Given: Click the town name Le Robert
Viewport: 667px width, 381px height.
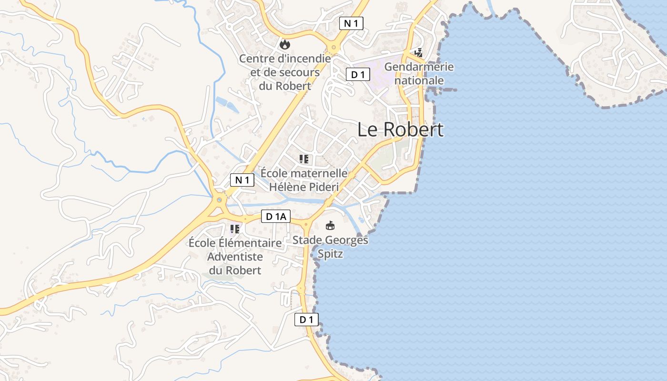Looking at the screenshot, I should coord(400,130).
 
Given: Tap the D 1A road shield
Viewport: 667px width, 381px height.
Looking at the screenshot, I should coord(276,217).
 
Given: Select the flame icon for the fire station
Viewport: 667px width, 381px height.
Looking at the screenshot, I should coord(285,44).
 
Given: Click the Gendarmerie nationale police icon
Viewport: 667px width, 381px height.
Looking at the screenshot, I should coord(419,53).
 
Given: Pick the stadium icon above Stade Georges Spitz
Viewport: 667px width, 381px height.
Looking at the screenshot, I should coord(330,225).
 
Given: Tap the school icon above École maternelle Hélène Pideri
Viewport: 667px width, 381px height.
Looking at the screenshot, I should coord(304,159).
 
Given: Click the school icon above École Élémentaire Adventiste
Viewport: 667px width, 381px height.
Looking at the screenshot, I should coord(235,229).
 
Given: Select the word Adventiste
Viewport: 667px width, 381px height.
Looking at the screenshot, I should coord(235,257).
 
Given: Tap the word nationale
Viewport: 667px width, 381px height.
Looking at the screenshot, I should coord(419,80).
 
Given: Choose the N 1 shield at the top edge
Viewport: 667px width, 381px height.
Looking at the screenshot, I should coord(351,23).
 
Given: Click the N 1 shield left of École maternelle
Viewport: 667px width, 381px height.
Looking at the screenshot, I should coord(243,180).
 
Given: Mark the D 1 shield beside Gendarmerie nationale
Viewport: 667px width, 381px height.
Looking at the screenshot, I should coord(358,74).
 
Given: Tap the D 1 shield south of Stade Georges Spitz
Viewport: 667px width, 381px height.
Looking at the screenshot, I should coord(306,320).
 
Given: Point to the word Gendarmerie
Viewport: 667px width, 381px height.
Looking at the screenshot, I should coord(419,67).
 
